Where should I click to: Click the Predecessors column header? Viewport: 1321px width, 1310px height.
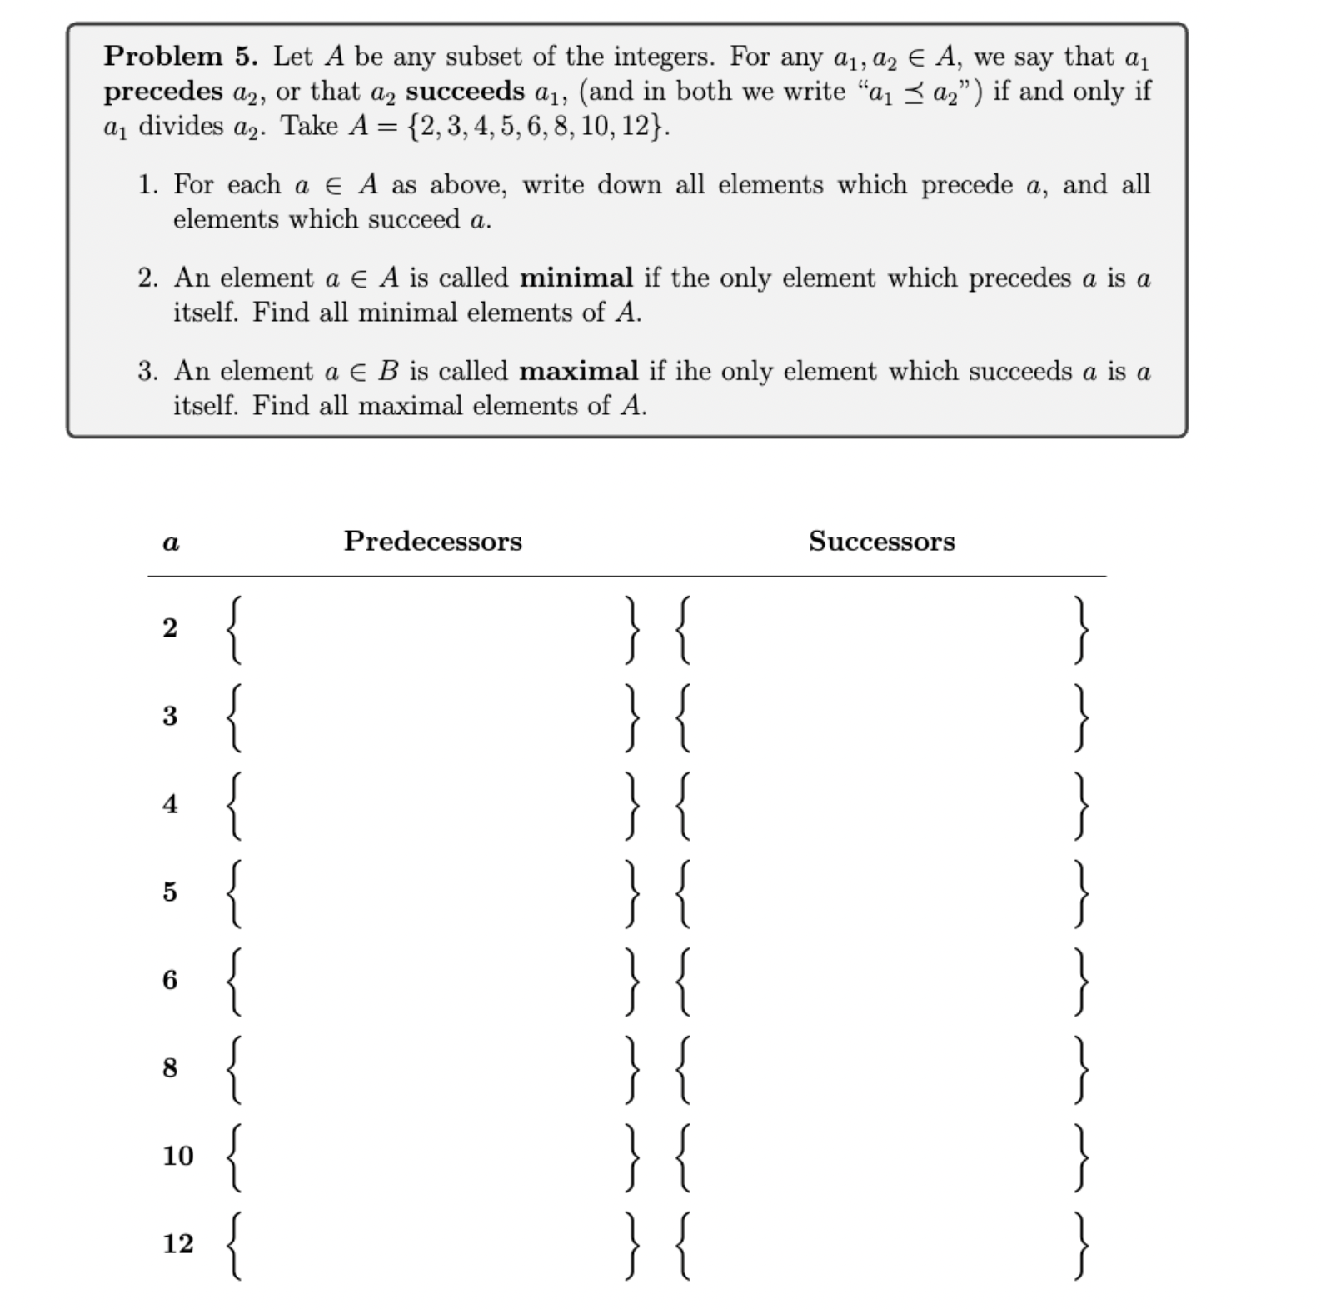tap(433, 542)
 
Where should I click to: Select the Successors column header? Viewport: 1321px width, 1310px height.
tap(881, 542)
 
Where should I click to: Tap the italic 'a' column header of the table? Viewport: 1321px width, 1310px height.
tap(171, 543)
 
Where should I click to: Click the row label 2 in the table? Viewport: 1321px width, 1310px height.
tap(170, 627)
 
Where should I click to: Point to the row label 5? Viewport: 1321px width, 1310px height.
tap(170, 892)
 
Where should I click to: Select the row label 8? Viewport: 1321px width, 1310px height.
tap(170, 1068)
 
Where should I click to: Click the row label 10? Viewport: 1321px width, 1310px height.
tap(177, 1156)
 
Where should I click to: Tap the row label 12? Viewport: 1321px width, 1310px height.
tap(177, 1244)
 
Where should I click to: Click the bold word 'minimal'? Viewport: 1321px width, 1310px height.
tap(576, 277)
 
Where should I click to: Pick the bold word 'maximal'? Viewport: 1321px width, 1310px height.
tap(579, 371)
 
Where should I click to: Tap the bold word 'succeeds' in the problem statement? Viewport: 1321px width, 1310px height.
tap(465, 92)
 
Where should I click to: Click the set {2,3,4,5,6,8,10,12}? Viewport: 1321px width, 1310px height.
tap(536, 127)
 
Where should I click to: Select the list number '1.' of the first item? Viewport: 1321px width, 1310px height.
tap(148, 185)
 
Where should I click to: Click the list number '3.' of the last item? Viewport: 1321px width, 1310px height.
tap(148, 372)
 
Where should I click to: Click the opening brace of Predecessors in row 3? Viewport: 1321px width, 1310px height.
tap(236, 717)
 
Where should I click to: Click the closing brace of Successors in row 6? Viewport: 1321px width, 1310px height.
tap(1080, 981)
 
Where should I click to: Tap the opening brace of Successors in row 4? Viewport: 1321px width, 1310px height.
tap(683, 805)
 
